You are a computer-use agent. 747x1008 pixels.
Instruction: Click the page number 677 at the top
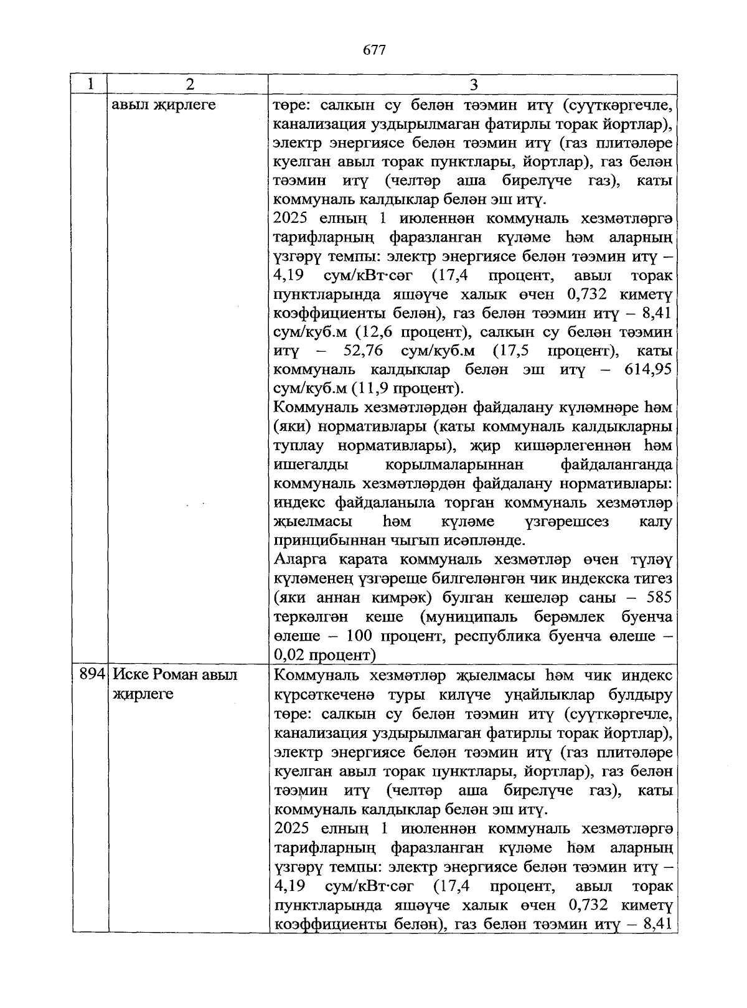click(374, 50)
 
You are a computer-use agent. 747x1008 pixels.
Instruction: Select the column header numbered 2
click(189, 84)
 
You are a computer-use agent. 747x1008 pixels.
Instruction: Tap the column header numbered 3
click(473, 84)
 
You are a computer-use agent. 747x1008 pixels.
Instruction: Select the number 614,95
click(648, 370)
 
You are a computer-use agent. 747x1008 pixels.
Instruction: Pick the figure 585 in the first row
click(659, 598)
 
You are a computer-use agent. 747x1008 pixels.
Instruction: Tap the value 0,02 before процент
click(288, 655)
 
